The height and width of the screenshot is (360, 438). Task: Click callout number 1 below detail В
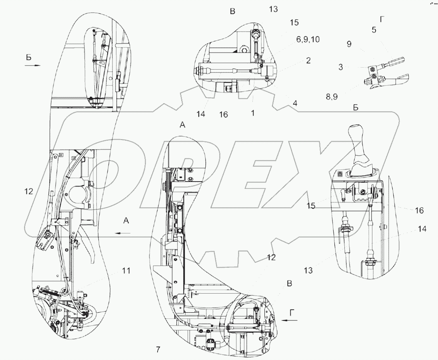click(252, 113)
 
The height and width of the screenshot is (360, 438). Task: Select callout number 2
click(308, 60)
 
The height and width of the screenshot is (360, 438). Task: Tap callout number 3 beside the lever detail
click(340, 67)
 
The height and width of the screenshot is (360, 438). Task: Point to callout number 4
click(295, 103)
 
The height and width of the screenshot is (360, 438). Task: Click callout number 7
click(158, 350)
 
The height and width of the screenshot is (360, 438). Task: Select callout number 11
click(126, 271)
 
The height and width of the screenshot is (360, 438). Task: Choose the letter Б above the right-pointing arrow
click(29, 58)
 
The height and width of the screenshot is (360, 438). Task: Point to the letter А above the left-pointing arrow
click(126, 220)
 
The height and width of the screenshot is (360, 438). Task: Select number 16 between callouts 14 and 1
click(224, 114)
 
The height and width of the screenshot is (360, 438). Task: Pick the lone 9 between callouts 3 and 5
click(349, 44)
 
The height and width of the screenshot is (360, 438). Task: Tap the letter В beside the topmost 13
click(233, 12)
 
